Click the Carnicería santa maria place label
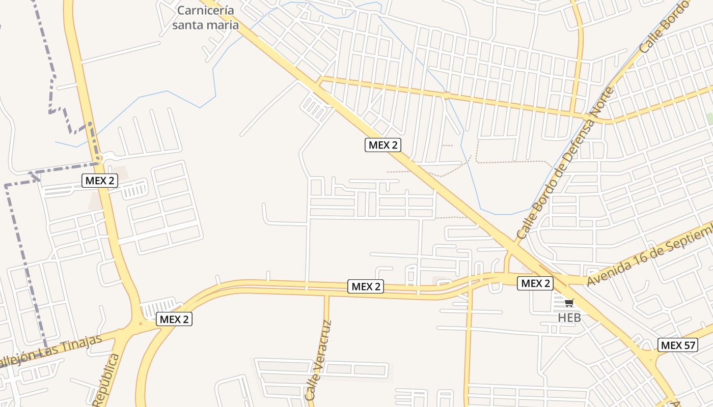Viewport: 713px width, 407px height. point(205,17)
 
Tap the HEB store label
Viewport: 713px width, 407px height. point(569,317)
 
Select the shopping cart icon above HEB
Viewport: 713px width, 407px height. point(569,303)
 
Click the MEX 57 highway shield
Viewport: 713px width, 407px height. point(677,345)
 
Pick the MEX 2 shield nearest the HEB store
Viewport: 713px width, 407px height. point(535,283)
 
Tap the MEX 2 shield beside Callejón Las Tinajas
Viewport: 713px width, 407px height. point(174,319)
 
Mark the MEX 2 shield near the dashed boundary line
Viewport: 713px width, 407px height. point(100,180)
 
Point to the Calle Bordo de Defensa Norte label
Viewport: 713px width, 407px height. point(566,163)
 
